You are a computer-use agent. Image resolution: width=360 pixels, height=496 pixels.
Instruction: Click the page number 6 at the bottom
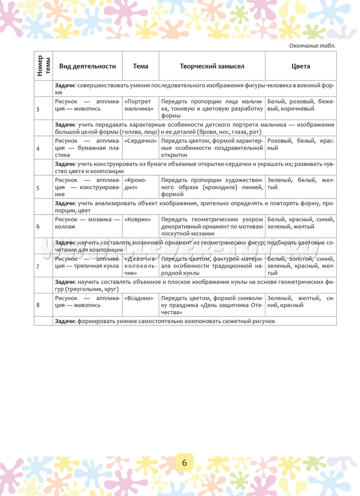point(184,462)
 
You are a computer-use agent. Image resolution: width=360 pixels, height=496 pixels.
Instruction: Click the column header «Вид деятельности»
point(87,66)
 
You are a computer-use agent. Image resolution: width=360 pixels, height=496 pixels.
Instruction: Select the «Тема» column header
point(140,66)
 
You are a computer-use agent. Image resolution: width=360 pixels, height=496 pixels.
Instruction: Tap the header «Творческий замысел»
point(212,66)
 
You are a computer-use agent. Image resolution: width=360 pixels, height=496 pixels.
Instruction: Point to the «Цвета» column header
point(301,66)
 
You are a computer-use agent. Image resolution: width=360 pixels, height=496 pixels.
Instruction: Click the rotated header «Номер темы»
point(43,66)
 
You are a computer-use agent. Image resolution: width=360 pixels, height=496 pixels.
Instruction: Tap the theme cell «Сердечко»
point(140,141)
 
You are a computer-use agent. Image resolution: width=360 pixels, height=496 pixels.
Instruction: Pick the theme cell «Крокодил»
point(135,183)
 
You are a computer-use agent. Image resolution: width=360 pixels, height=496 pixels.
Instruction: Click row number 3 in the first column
point(38,109)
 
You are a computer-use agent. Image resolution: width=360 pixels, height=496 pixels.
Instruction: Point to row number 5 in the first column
point(38,188)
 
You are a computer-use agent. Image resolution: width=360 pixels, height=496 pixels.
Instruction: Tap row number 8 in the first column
point(38,305)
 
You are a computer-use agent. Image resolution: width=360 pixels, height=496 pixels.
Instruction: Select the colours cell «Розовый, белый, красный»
point(301,144)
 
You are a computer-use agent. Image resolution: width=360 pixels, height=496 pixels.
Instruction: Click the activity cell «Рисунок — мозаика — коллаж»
point(87,223)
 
